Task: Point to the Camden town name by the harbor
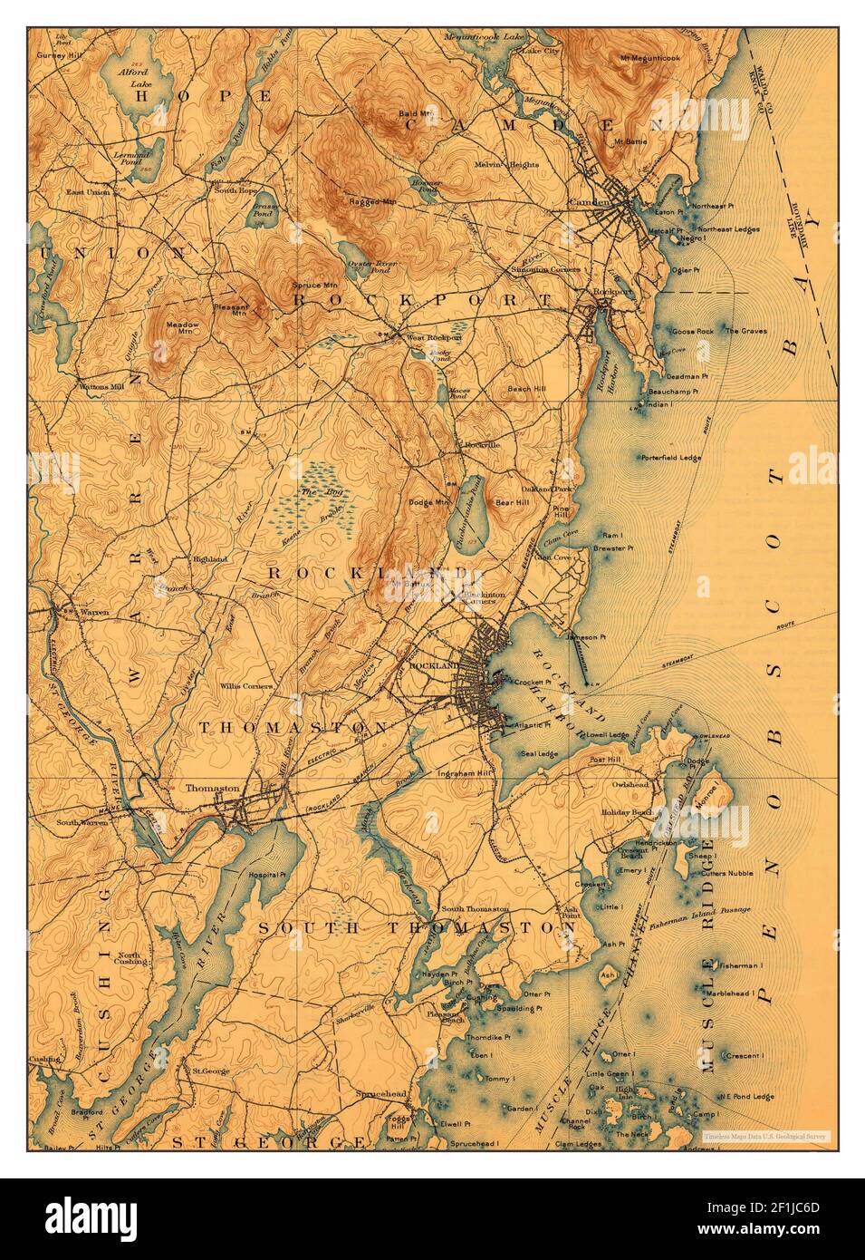[x=588, y=200]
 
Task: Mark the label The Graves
[x=745, y=331]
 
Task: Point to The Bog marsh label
[x=312, y=490]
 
